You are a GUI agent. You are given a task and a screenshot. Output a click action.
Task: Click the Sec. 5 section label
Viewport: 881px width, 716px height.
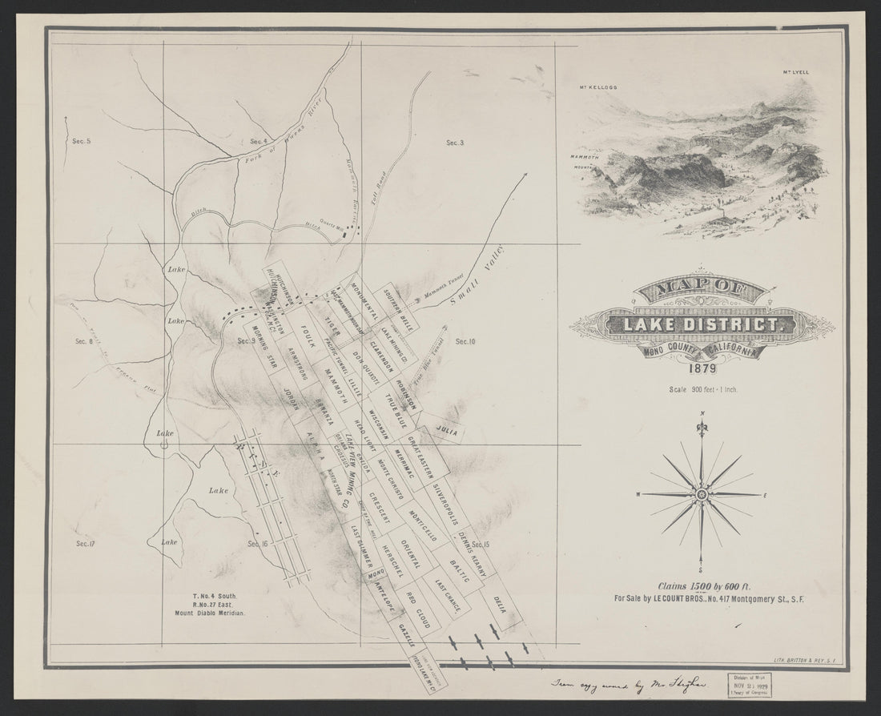pos(81,142)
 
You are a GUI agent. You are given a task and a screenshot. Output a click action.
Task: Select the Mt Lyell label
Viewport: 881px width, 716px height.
pos(797,73)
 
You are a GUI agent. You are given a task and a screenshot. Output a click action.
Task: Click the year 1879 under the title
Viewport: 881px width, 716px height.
pos(702,369)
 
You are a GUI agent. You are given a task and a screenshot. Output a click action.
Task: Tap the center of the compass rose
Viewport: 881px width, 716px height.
pos(702,495)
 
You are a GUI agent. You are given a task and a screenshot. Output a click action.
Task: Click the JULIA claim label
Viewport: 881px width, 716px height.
pos(446,430)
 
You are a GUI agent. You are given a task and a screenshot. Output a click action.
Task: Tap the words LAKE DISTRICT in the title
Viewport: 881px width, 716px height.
pos(702,324)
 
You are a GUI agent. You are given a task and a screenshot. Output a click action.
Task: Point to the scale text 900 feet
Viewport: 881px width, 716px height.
pos(702,390)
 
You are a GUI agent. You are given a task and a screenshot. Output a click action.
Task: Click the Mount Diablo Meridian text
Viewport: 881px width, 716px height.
pos(207,612)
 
